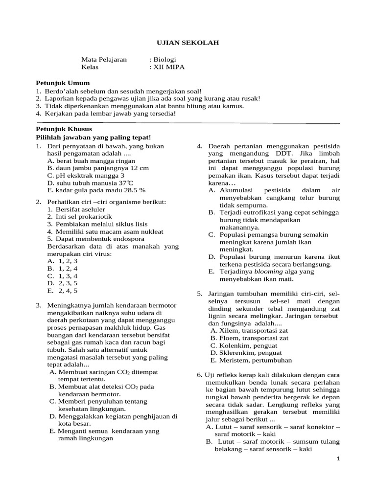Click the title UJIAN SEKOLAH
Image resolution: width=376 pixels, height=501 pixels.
tap(188, 43)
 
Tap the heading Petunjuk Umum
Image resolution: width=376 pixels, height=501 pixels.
tap(63, 83)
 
